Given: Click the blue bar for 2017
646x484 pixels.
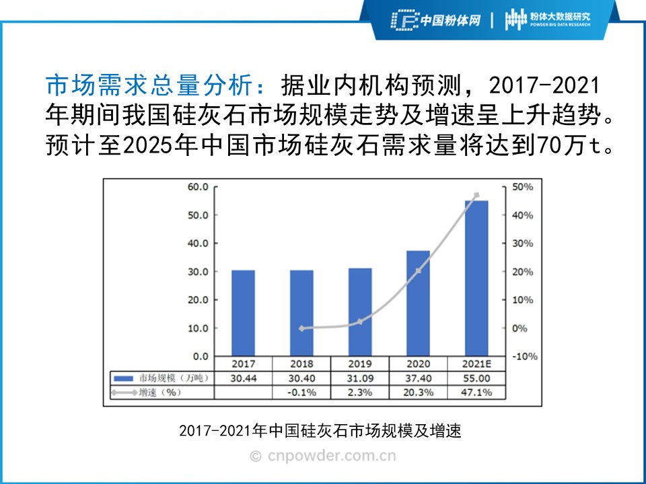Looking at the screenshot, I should coord(243,313).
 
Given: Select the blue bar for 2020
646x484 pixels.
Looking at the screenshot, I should coord(418,303).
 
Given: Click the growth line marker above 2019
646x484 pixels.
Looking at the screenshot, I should coord(360,322).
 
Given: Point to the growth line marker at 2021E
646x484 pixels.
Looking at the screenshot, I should coord(476,196).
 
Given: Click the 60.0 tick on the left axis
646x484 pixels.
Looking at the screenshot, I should coord(197,187).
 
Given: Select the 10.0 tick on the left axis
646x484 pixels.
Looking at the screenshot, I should coord(197,328).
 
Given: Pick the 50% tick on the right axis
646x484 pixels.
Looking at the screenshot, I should coord(524,187).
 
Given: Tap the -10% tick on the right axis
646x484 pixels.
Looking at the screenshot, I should coord(525,356).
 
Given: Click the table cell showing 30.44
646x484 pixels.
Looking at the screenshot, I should coord(243,378).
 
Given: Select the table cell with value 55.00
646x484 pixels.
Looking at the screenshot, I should coord(476,378).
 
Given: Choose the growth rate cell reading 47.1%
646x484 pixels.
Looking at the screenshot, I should coord(476,393).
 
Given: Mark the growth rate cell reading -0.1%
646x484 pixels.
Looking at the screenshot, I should coord(301,393).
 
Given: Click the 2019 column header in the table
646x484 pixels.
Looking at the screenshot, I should coord(360,364).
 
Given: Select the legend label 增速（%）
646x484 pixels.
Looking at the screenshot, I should coord(159,393).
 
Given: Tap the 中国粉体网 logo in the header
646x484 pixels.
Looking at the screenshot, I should coord(436,19).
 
